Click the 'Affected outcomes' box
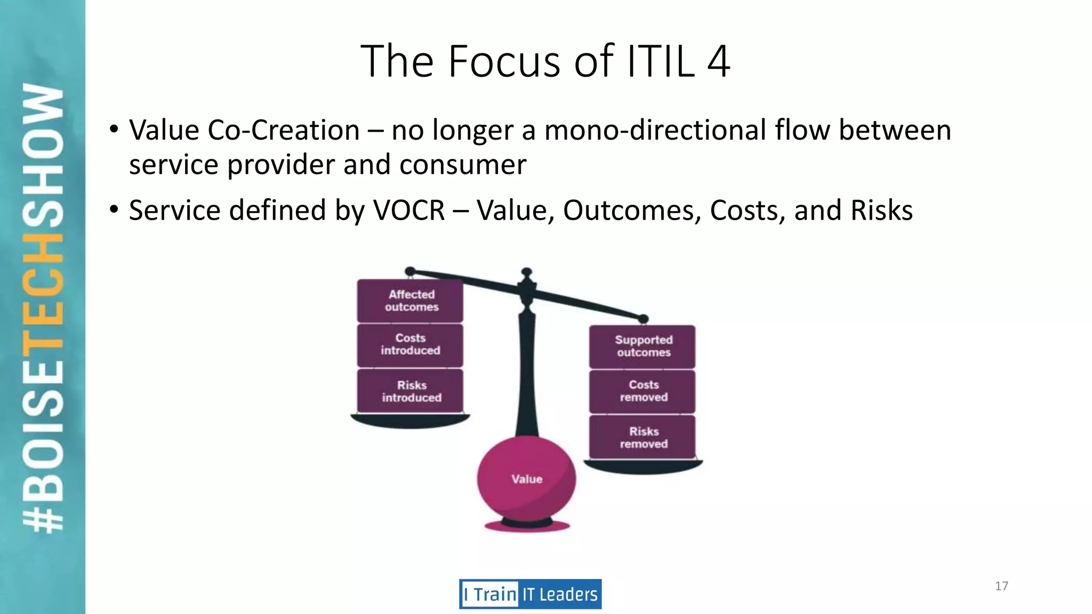410,301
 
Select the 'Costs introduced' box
410,344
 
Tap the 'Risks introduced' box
410,391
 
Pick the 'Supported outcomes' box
643,346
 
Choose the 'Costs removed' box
643,391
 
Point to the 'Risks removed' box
643,438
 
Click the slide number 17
1001,586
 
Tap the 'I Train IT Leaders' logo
530,594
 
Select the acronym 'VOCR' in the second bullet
409,210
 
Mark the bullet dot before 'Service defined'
114,209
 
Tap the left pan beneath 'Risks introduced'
409,421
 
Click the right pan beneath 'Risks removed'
643,467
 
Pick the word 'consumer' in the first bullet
463,165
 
